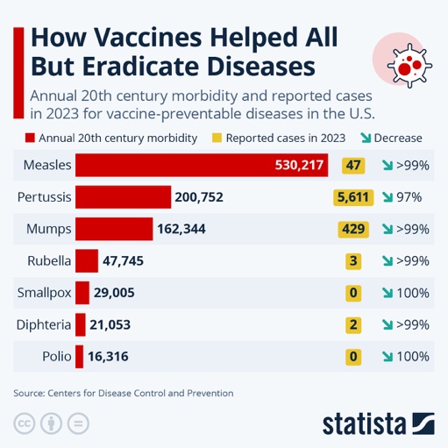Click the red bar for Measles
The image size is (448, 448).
[x=202, y=165]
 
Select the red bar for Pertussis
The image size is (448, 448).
[x=123, y=197]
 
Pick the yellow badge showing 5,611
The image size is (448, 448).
[x=354, y=197]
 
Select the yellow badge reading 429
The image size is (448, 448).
[x=354, y=229]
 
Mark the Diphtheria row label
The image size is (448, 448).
[x=43, y=324]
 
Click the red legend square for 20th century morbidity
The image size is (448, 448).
[x=31, y=138]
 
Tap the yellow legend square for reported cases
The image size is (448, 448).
[x=216, y=138]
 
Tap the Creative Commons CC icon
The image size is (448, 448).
[x=25, y=423]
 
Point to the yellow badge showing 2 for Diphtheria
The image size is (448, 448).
[x=354, y=324]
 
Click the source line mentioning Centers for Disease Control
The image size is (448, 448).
[x=124, y=393]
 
